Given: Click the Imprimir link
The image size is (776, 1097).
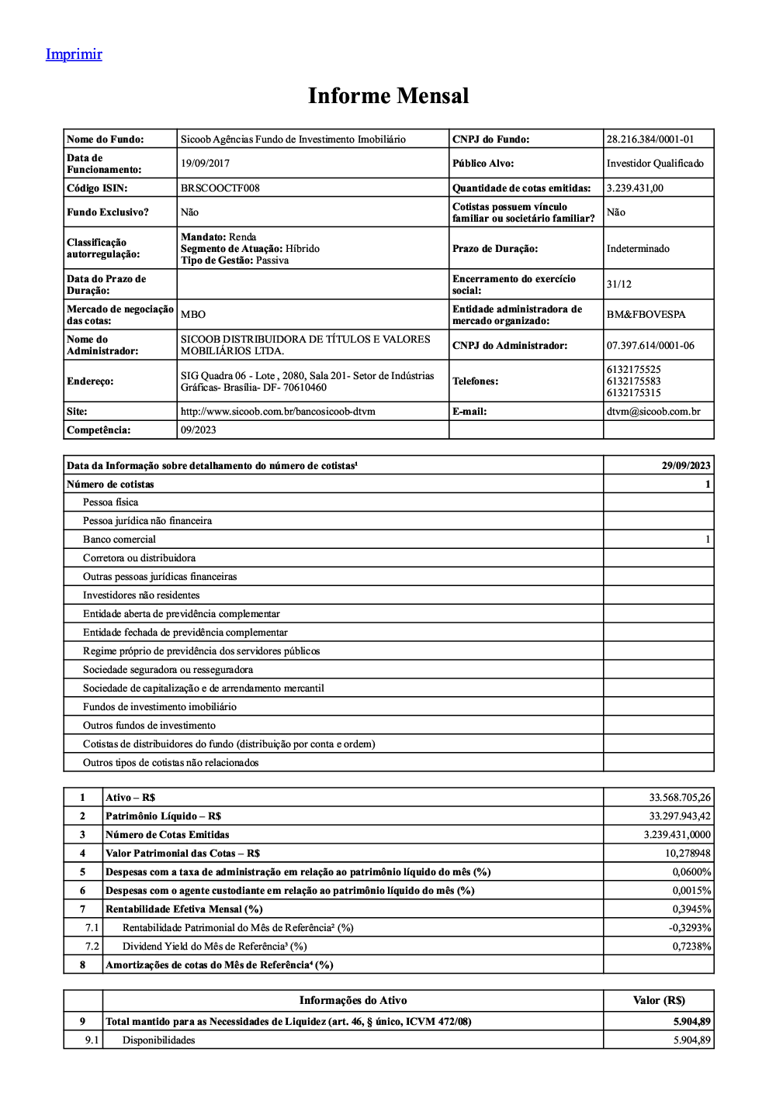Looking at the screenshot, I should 74,54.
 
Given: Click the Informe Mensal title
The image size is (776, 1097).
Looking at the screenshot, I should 388,96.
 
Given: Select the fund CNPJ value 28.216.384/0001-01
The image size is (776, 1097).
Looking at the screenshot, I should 650,140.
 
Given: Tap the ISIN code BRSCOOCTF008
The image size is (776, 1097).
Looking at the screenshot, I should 220,188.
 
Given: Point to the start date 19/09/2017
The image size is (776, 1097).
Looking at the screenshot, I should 205,164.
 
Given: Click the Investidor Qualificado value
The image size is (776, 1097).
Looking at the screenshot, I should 655,164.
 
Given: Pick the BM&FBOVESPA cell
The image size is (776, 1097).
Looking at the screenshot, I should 646,315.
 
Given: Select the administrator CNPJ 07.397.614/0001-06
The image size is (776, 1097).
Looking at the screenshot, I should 650,346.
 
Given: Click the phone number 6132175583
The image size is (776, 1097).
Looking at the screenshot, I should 634,381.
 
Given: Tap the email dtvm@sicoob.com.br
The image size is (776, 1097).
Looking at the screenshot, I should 653,412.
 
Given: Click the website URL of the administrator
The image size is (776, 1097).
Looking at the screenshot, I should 278,412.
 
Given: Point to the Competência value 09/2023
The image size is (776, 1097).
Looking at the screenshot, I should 199,430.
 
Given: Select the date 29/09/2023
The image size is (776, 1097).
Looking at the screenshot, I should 686,466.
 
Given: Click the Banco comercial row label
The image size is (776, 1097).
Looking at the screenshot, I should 120,540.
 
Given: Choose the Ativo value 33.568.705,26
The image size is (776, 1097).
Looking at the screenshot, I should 680,798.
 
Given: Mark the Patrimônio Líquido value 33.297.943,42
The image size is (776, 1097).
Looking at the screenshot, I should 680,816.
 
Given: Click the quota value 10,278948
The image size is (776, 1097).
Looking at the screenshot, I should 688,854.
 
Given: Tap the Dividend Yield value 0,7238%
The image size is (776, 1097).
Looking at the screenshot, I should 691,947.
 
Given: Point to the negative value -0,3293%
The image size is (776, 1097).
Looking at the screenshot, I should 690,928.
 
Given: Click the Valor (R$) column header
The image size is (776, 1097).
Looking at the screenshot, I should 659,1001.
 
